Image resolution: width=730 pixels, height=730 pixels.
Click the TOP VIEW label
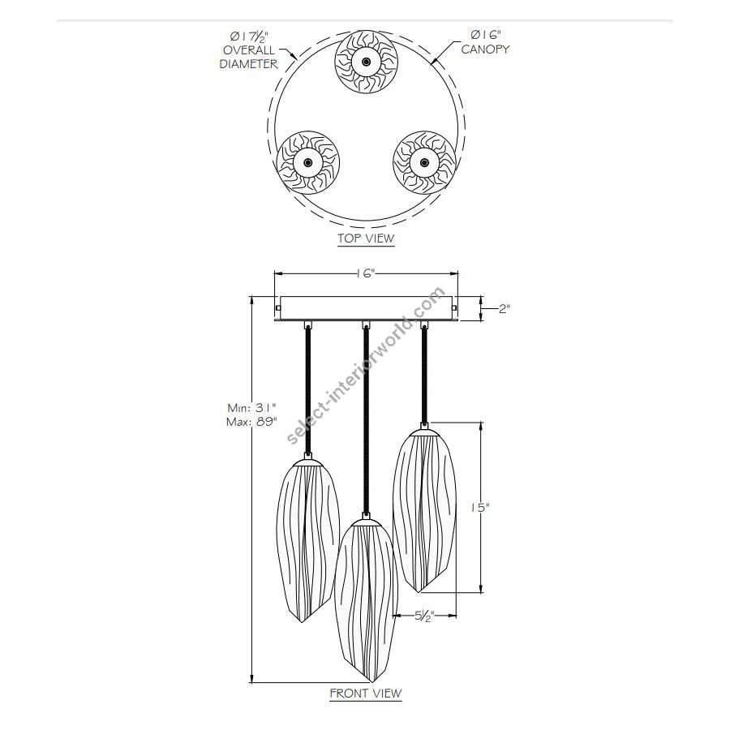[x=366, y=238]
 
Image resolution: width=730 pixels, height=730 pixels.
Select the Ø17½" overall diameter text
[x=250, y=36]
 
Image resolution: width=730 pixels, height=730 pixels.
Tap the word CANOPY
[x=485, y=49]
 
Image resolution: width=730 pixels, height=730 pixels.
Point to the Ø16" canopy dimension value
[x=486, y=35]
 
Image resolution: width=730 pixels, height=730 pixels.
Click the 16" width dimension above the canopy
[x=366, y=273]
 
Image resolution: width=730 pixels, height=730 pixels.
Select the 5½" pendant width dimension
[x=424, y=616]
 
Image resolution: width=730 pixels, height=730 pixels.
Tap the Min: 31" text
[x=251, y=408]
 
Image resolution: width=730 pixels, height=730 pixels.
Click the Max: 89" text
[x=251, y=423]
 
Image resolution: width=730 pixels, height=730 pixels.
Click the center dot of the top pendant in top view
[x=366, y=62]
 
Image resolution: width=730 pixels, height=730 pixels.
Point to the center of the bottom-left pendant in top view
[x=307, y=162]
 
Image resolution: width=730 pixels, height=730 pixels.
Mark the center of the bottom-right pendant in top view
[x=424, y=162]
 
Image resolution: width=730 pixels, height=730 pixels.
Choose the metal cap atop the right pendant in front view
[x=424, y=432]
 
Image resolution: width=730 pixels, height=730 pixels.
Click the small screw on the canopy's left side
[x=277, y=307]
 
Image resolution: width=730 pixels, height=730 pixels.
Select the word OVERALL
[x=249, y=50]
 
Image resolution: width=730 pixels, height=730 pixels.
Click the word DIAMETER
[x=249, y=64]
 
